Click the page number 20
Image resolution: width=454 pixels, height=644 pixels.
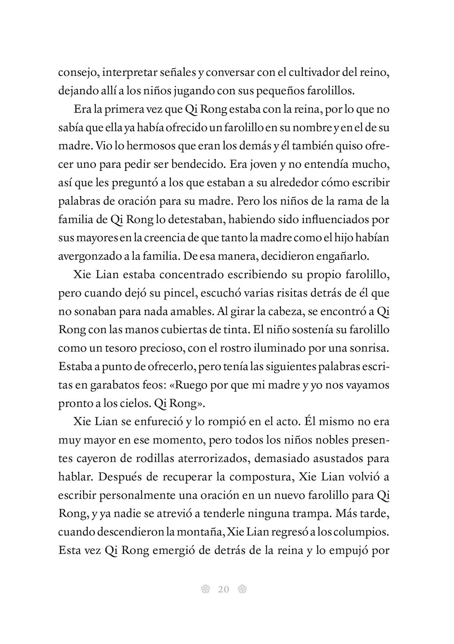[223, 589]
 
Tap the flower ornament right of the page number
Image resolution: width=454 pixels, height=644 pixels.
[242, 589]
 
